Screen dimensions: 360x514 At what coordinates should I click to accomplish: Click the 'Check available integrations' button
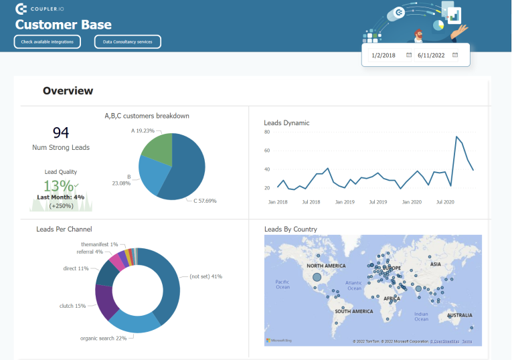pos(48,42)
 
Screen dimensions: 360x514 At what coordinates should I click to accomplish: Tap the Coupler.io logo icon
pos(21,9)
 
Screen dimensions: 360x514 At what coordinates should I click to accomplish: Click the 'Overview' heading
pos(68,91)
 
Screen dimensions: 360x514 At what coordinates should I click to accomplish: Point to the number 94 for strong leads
pos(61,132)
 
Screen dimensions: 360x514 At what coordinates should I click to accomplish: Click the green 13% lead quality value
pos(59,186)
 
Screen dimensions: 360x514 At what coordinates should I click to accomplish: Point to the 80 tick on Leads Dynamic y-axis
pos(267,132)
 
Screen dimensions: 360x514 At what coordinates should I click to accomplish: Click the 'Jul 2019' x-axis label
pos(378,201)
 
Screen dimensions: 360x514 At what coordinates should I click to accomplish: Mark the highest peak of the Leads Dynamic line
pos(457,137)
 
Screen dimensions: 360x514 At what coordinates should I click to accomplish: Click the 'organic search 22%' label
pos(103,338)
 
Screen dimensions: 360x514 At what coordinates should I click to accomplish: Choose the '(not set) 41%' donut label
pos(205,276)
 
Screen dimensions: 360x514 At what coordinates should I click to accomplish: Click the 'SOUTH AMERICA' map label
pos(353,312)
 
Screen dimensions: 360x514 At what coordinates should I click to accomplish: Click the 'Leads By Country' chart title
pos(290,230)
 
